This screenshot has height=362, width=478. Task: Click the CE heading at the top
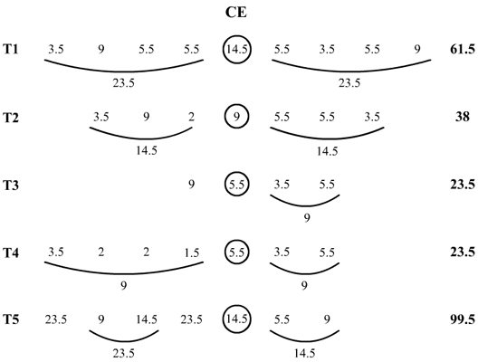pos(236,13)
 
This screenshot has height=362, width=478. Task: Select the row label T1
pos(11,50)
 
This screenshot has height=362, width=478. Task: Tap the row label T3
pos(11,185)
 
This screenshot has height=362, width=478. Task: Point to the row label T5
pos(11,319)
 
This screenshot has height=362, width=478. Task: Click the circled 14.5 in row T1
pos(237,50)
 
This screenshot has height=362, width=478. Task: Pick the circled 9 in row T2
pos(237,117)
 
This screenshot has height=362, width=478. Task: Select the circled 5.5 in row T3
pos(237,185)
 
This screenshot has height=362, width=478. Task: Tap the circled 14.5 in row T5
pos(237,319)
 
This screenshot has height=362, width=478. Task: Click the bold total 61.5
pos(462,50)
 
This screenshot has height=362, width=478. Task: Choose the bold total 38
pos(462,117)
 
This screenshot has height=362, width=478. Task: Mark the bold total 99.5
pos(462,319)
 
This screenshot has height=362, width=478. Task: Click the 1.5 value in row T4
pos(191,252)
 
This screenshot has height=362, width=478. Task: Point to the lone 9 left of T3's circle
pos(191,185)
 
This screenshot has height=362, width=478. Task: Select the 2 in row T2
pos(191,117)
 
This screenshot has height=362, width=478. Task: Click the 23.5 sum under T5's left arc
pos(123,353)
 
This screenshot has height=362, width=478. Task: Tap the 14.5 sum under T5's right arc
pos(304,353)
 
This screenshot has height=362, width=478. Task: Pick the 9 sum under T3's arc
pos(307,218)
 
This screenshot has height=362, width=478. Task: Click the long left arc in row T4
pos(124,273)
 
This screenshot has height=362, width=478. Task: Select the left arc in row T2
pos(141,138)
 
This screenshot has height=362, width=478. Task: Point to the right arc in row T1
pos(351,71)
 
